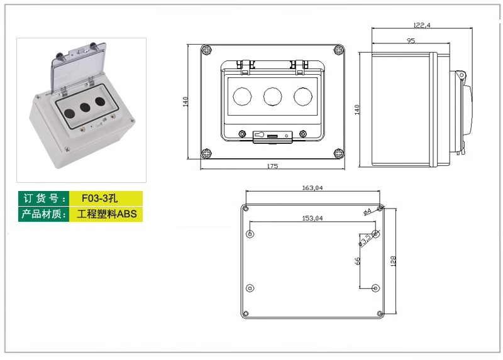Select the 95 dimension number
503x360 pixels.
[411, 40]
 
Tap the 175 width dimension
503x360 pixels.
[272, 166]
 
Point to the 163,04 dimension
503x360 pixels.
[312, 188]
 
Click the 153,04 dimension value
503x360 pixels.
[312, 218]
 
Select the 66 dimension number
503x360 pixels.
[357, 261]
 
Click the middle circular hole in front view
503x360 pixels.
[272, 95]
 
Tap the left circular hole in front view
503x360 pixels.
[242, 95]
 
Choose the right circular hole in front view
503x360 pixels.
[303, 95]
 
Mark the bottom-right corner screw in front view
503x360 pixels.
[338, 153]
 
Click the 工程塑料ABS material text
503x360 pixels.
[106, 214]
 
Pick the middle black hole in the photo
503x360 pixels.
[84, 105]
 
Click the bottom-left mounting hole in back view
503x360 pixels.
[250, 288]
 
